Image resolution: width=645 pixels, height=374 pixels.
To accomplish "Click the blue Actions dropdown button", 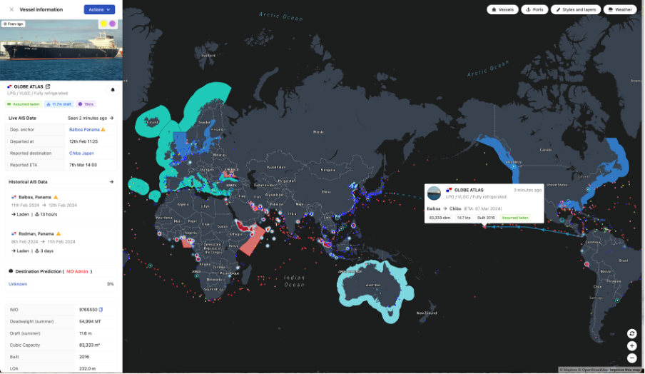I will [99, 9].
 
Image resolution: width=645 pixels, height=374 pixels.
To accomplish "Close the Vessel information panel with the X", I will [11, 9].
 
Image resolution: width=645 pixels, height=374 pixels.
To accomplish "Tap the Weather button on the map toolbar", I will [620, 10].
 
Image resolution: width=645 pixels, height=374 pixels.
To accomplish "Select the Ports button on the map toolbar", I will [535, 10].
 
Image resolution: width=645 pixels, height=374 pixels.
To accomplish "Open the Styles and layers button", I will [575, 10].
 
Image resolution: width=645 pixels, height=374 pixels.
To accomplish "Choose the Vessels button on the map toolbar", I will [503, 10].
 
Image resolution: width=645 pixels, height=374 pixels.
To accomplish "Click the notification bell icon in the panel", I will [112, 90].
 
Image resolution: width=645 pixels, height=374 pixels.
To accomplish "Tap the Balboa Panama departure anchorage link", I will [84, 129].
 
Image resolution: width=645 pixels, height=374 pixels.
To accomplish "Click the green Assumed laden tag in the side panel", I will [24, 104].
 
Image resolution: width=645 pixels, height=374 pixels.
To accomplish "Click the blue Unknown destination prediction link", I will [19, 284].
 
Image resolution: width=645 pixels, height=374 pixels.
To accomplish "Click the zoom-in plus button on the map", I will [631, 345].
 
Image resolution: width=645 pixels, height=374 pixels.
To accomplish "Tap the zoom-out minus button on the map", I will [631, 358].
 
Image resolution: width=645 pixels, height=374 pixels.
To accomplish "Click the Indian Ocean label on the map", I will [293, 280].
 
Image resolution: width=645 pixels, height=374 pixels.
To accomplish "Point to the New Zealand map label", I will [427, 313].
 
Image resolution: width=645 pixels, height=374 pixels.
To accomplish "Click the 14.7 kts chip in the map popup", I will [464, 218].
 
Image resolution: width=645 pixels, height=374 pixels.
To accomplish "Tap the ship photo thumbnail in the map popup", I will [434, 193].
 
